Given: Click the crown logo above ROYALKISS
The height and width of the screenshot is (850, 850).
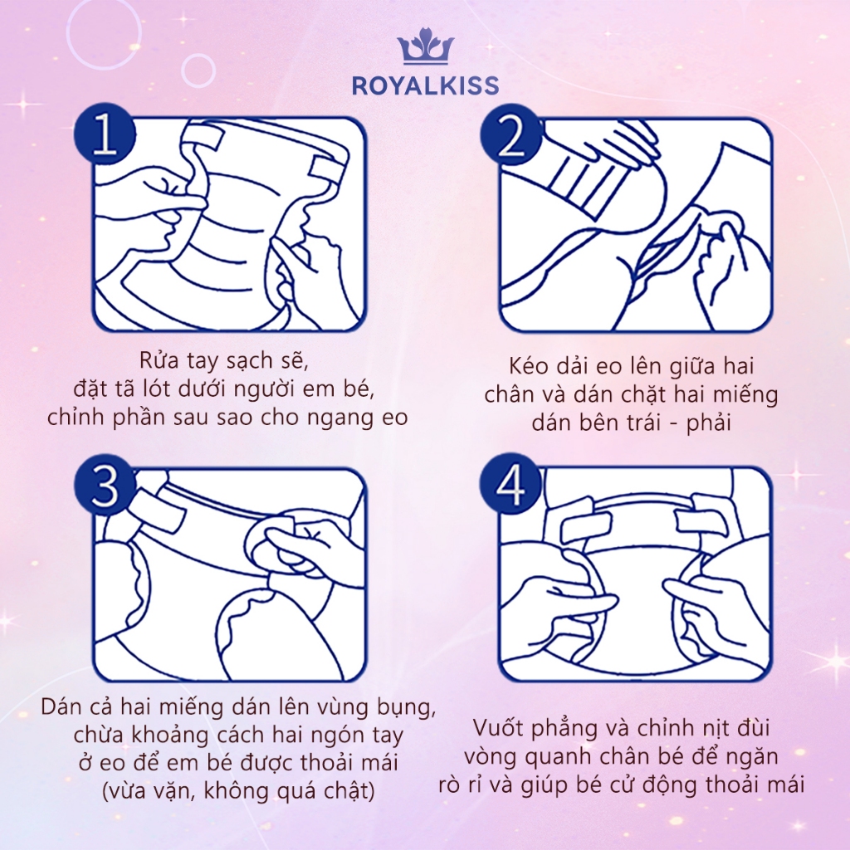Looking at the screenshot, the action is pos(426,46).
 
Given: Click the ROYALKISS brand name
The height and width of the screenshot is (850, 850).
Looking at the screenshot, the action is pos(426,85).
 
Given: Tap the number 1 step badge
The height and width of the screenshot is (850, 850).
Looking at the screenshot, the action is pos(105,134).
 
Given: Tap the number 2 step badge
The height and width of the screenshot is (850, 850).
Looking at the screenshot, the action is pos(510,134).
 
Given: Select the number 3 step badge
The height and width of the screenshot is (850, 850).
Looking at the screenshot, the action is pos(105,484).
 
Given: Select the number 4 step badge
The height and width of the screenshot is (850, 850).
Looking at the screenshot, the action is pos(510,484).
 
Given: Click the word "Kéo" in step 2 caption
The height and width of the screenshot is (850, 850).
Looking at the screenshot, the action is pos(528,365).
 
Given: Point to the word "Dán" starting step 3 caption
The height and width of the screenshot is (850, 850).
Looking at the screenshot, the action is pos(60,706).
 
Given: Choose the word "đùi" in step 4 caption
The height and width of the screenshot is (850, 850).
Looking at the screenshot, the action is pos(754,727).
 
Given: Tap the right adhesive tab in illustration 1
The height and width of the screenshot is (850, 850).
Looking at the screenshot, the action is pos(328,169).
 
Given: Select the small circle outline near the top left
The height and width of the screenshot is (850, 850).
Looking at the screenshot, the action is pos(198,71).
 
